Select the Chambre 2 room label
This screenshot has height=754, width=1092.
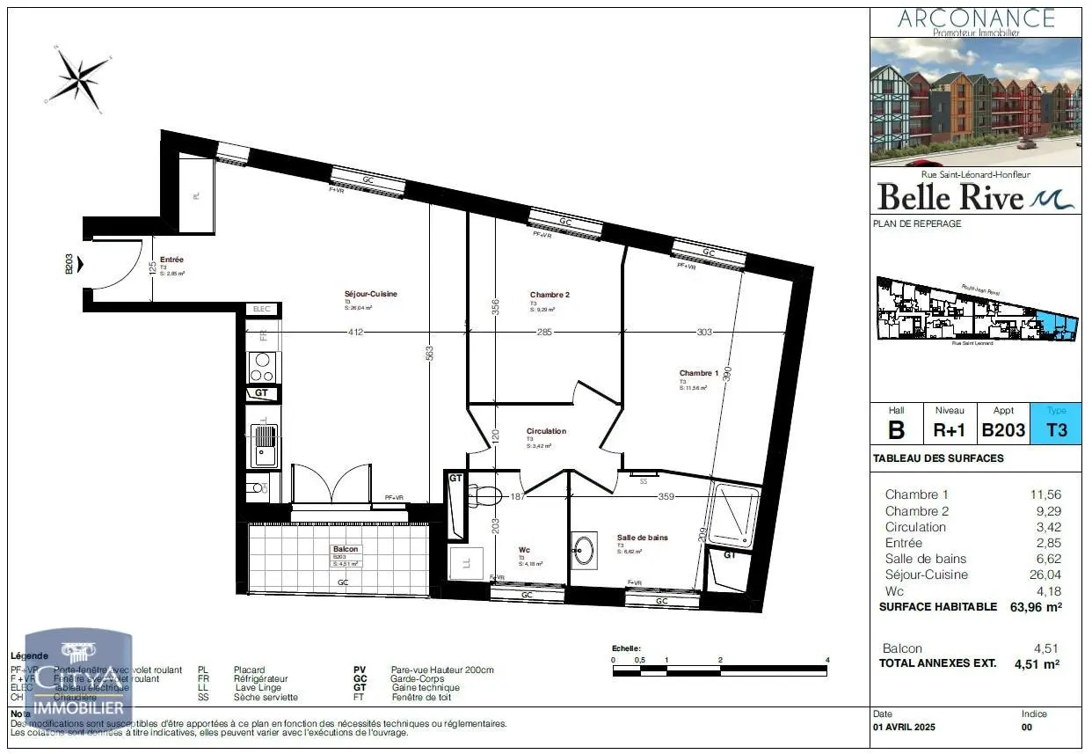coord(550,295)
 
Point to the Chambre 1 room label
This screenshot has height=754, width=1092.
coord(698,373)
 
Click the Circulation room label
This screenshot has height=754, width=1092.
coord(546,431)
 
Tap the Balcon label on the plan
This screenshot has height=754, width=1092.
coord(346,549)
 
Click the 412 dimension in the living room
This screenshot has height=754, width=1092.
coord(354,333)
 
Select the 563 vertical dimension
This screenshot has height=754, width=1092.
coord(429,352)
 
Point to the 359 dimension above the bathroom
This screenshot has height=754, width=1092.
coord(666,497)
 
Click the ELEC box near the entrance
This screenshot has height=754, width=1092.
coord(263,310)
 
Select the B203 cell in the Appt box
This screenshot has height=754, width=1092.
coord(1003,430)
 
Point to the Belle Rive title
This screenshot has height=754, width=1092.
coord(951,195)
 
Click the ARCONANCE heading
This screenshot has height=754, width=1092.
coord(976,18)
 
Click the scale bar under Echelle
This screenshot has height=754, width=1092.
coord(720,671)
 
